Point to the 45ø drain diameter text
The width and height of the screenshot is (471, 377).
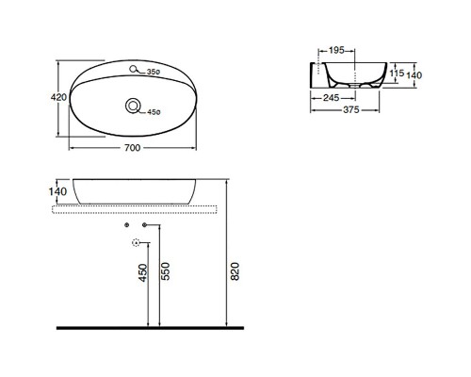[x=155, y=113]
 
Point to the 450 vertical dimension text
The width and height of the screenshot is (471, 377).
[x=143, y=273]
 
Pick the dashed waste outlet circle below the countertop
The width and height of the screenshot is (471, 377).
[x=136, y=244]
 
